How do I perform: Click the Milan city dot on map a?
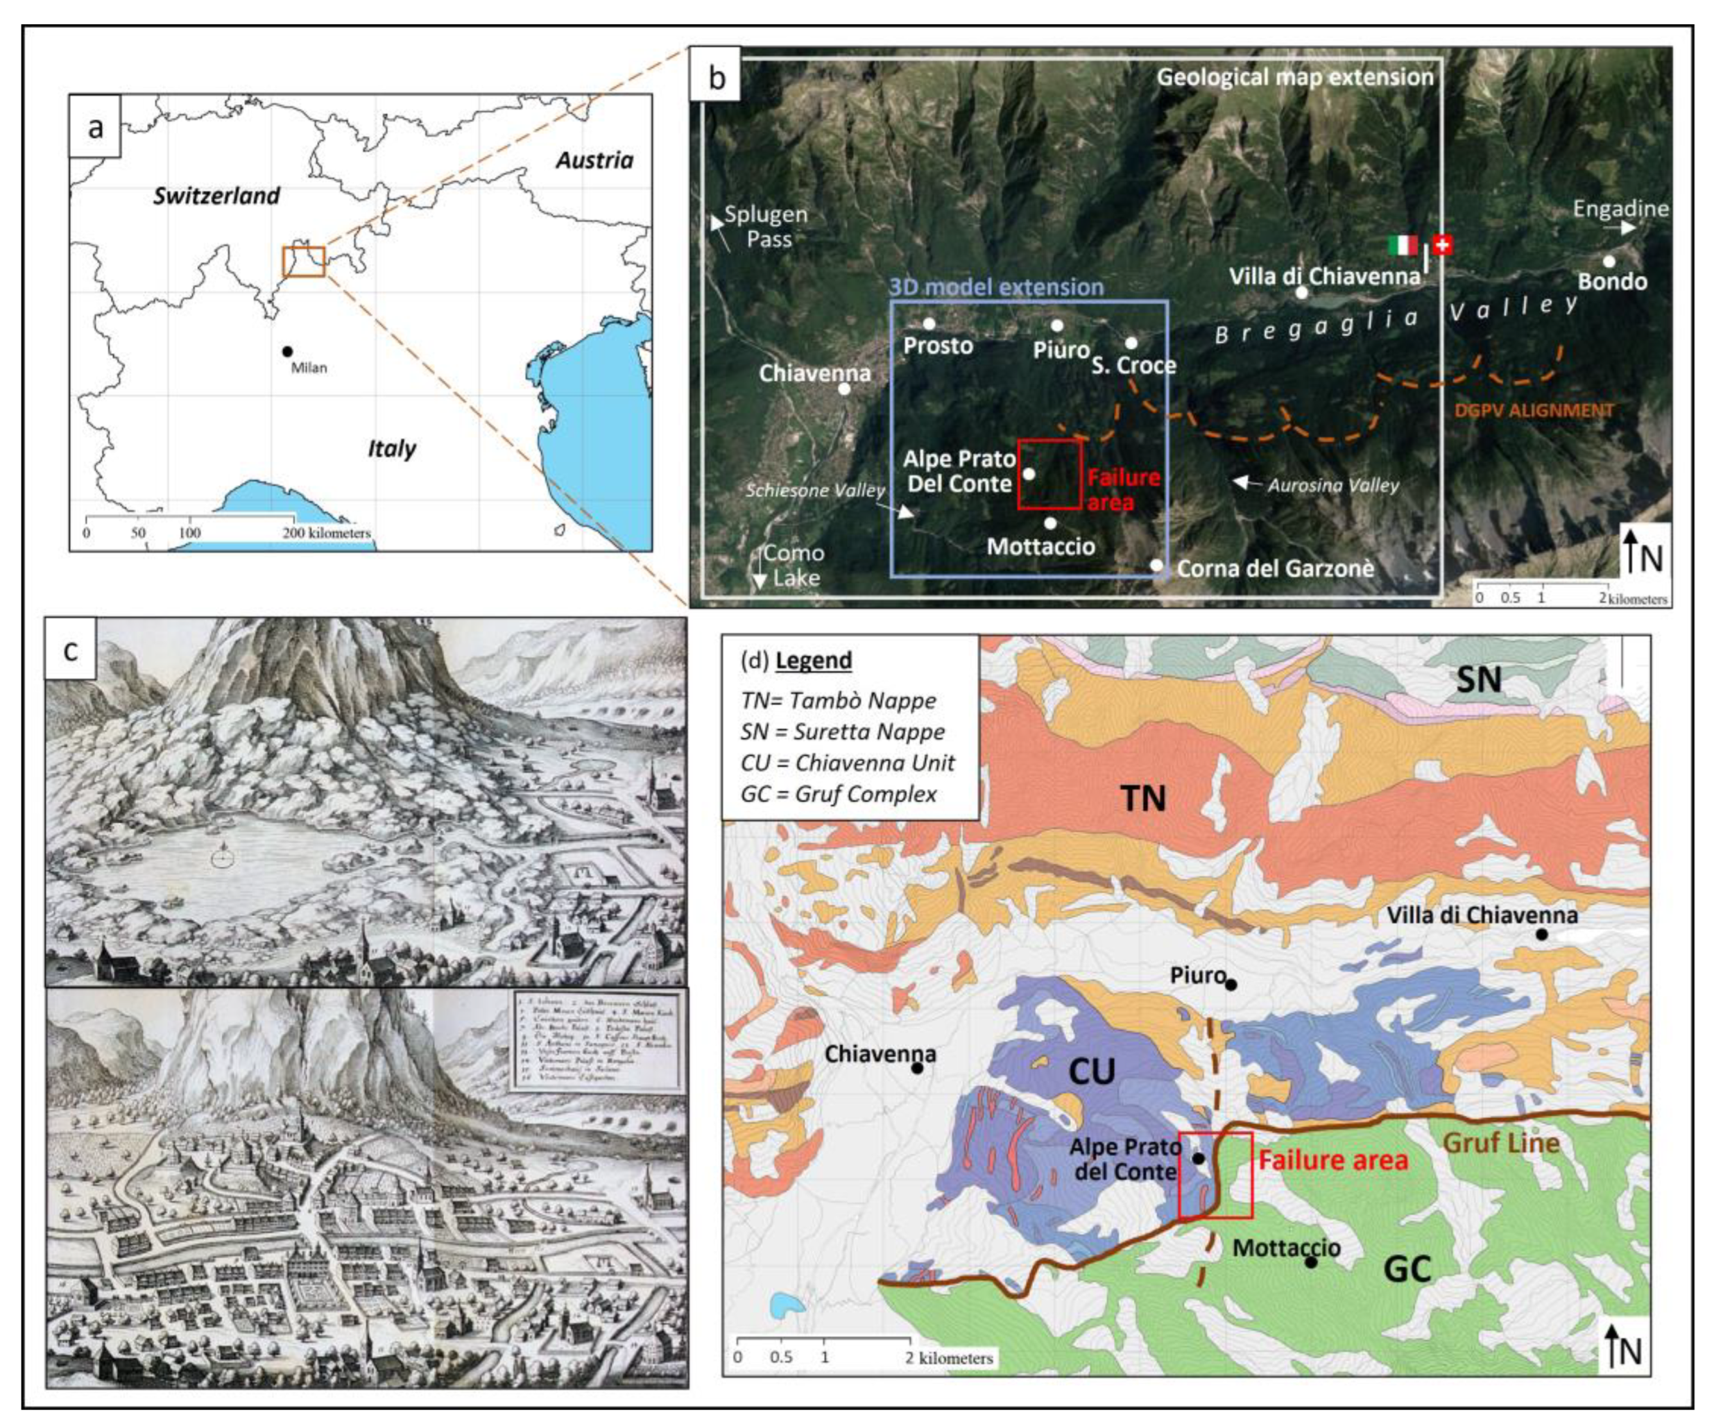[x=286, y=351]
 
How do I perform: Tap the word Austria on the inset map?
[x=594, y=160]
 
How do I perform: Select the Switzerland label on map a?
[x=216, y=196]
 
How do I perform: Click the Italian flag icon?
[x=1403, y=244]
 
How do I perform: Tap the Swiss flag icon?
[x=1442, y=244]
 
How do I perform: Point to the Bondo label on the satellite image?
[x=1611, y=282]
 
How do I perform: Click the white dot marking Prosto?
[x=929, y=323]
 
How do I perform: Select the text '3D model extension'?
[x=996, y=287]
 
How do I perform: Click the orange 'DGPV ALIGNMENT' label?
[x=1534, y=411]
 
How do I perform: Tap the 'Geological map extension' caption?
[x=1294, y=78]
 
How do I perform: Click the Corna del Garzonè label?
[x=1275, y=568]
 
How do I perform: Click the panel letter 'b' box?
[x=717, y=78]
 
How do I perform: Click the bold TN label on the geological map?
[x=1142, y=799]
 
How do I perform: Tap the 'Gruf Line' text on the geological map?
[x=1501, y=1143]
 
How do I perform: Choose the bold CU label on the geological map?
[x=1091, y=1071]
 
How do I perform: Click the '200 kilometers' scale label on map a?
[x=327, y=533]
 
